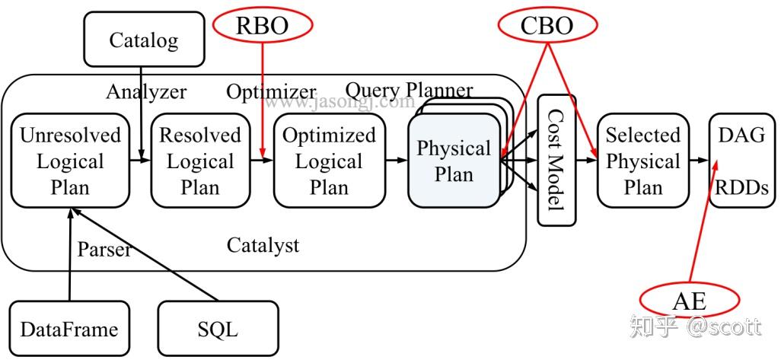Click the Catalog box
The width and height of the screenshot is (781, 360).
click(x=145, y=40)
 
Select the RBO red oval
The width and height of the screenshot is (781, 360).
click(x=262, y=25)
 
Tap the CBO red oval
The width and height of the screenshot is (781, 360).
click(x=547, y=25)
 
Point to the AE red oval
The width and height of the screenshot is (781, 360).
click(x=689, y=301)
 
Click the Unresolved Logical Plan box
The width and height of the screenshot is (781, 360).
click(x=70, y=161)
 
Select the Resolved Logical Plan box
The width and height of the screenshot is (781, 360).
click(x=200, y=161)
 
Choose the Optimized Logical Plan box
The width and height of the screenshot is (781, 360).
click(x=329, y=161)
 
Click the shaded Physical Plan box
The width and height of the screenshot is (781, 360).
click(x=454, y=161)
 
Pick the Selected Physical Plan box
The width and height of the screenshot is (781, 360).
click(x=643, y=161)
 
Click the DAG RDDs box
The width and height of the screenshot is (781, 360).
click(x=741, y=161)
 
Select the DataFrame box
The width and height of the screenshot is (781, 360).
click(x=69, y=329)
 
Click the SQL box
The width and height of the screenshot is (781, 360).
click(x=218, y=329)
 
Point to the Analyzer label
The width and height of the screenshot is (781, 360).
click(x=146, y=92)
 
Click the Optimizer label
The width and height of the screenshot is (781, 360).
click(x=271, y=92)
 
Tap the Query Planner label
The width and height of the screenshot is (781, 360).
click(x=409, y=90)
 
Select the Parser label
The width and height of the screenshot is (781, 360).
click(x=104, y=249)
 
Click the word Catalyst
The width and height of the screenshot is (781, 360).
click(x=263, y=245)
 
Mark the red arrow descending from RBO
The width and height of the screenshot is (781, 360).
click(x=262, y=99)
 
